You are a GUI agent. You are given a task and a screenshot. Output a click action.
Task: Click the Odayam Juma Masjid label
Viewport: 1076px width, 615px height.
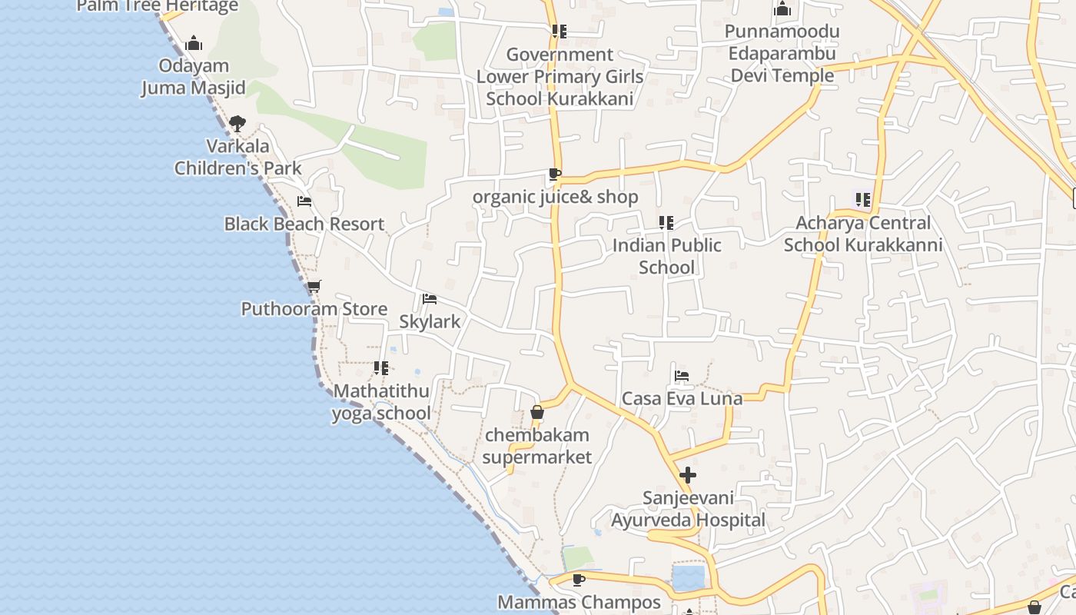194,77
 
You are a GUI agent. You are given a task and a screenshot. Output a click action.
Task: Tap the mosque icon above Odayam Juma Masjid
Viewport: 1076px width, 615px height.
194,43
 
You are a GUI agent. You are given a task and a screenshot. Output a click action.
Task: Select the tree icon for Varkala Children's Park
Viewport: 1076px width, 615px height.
237,123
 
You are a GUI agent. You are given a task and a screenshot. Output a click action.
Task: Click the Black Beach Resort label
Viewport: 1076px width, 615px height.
304,224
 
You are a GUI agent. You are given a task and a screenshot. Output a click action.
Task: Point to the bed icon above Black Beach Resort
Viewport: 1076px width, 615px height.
304,201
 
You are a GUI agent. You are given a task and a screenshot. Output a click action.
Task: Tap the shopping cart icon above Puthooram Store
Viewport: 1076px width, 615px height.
314,287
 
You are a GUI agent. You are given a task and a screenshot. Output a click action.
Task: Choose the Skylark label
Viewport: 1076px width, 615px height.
430,321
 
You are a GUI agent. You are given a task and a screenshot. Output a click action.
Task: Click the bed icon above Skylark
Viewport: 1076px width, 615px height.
430,298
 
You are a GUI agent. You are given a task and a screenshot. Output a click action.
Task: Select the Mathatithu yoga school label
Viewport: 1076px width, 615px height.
381,402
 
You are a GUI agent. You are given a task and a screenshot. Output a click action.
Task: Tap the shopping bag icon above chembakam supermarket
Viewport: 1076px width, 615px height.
537,413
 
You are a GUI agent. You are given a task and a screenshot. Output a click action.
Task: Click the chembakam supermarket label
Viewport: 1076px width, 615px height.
538,446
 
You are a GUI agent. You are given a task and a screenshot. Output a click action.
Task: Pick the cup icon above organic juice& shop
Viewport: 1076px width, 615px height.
554,175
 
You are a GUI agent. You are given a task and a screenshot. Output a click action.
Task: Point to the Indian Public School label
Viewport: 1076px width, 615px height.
666,256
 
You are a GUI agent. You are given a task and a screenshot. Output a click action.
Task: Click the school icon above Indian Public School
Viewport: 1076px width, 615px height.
666,223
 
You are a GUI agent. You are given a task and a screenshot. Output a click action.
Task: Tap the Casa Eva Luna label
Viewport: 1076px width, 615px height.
682,398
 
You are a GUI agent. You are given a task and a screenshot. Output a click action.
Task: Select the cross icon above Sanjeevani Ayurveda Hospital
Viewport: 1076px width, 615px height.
688,475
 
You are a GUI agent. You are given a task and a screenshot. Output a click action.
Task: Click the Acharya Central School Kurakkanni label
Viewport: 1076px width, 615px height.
862,234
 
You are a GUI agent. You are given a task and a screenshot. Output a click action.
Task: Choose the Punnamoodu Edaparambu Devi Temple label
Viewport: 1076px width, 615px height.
782,54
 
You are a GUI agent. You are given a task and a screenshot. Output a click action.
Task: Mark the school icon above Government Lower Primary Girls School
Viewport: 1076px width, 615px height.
560,32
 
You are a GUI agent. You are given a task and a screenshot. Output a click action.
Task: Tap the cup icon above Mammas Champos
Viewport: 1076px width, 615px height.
579,579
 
